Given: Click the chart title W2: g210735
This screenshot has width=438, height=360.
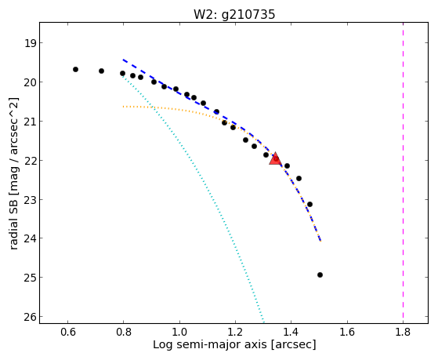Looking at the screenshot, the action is [x=234, y=14].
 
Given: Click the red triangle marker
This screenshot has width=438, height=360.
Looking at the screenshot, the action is [x=276, y=159].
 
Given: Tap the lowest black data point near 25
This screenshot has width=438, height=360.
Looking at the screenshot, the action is [x=320, y=275].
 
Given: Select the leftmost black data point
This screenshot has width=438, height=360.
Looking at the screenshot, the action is [x=75, y=69].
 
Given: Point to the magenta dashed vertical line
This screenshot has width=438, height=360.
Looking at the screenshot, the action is [x=403, y=173].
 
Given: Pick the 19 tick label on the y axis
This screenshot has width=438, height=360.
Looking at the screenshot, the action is [x=30, y=43].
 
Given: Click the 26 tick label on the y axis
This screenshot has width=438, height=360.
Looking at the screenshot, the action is [x=30, y=317].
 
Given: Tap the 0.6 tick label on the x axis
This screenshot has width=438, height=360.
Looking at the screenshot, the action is [x=67, y=332].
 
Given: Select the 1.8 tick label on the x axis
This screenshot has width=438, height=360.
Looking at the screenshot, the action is [x=403, y=332].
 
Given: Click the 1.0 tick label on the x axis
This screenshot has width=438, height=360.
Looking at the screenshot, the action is [x=179, y=332].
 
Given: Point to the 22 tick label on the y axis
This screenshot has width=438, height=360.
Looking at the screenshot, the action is [x=30, y=161].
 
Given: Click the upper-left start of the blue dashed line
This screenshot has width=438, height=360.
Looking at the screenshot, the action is [x=123, y=60].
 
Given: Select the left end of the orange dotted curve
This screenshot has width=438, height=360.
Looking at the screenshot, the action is [x=123, y=107].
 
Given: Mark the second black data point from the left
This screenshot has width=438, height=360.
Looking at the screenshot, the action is [x=101, y=71].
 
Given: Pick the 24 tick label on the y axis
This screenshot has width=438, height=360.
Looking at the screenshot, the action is [x=30, y=238].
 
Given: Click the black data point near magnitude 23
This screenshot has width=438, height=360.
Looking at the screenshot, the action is [x=309, y=205].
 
